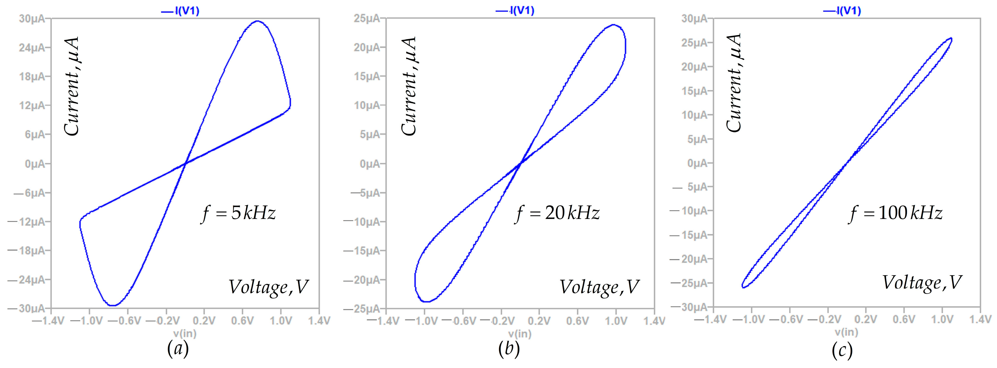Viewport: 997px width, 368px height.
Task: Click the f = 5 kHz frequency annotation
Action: [x=238, y=213]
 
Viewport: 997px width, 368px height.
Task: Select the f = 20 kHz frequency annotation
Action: [x=557, y=213]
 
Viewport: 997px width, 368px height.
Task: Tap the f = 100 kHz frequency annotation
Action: [x=895, y=213]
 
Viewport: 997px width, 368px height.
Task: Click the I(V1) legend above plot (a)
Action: [x=181, y=11]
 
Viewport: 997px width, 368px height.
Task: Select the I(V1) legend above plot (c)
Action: [x=843, y=11]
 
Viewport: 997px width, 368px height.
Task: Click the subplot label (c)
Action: [x=843, y=351]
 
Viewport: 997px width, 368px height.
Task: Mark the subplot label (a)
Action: [x=178, y=349]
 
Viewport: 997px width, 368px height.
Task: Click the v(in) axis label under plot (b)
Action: [x=520, y=334]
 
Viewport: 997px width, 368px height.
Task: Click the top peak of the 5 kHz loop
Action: [x=257, y=21]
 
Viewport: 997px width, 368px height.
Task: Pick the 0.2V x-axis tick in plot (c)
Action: [x=866, y=320]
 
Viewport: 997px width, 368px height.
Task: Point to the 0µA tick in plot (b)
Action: [x=370, y=164]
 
